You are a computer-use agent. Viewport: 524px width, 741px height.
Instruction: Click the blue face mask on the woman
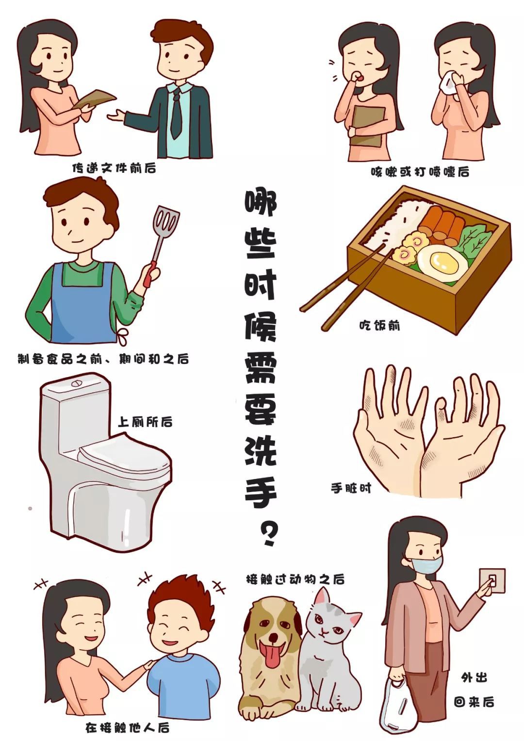point(426,563)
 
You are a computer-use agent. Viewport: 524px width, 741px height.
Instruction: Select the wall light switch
point(492,581)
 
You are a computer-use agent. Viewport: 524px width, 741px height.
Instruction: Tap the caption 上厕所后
point(145,422)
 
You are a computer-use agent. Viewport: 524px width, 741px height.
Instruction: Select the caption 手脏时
point(351,488)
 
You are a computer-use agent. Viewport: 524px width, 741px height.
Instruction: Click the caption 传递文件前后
point(115,168)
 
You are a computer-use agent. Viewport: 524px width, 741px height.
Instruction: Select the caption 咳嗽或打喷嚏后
point(420,171)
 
